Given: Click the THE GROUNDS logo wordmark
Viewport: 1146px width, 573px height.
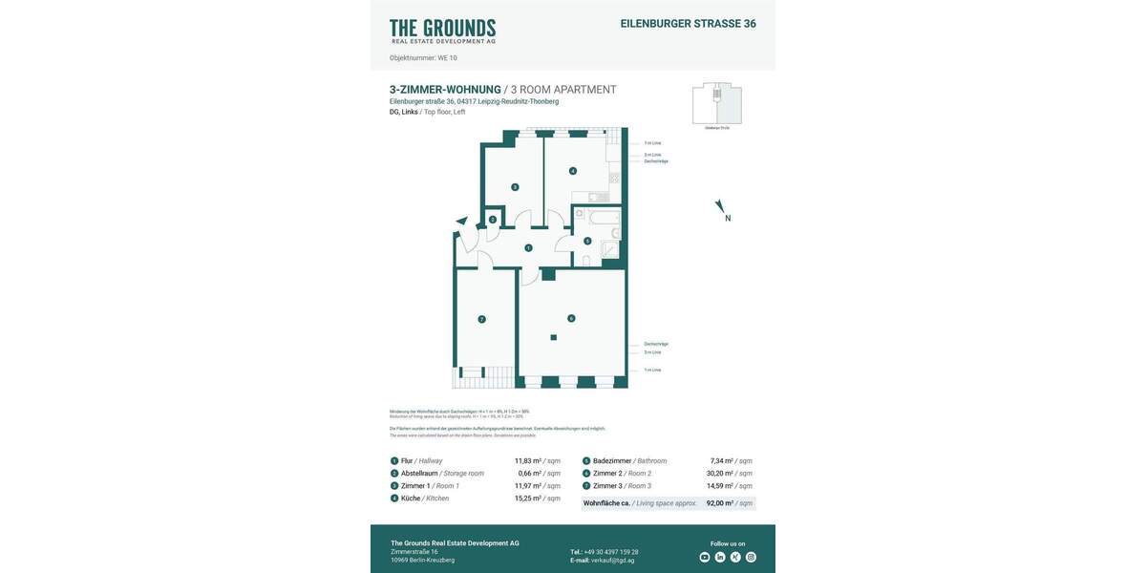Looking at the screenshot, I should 442,30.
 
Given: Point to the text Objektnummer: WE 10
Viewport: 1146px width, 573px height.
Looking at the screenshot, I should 423,58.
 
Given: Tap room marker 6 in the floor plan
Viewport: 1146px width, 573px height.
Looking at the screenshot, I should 571,318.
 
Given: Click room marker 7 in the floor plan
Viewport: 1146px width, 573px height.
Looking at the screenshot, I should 481,318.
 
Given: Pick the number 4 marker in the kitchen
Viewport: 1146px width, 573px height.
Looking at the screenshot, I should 572,171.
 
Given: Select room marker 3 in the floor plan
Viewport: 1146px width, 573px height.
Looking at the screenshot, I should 514,187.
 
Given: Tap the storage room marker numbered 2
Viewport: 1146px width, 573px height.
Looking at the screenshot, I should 492,220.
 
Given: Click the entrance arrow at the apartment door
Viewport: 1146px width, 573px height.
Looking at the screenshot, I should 462,222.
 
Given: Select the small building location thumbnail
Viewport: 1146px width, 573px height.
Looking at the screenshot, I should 716,103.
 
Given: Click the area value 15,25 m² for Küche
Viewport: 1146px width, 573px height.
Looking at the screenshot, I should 538,498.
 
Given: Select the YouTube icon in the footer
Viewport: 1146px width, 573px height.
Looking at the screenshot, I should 705,557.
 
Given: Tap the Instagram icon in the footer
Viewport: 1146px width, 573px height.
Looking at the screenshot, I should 751,557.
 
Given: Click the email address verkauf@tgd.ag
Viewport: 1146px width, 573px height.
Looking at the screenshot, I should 612,561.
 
